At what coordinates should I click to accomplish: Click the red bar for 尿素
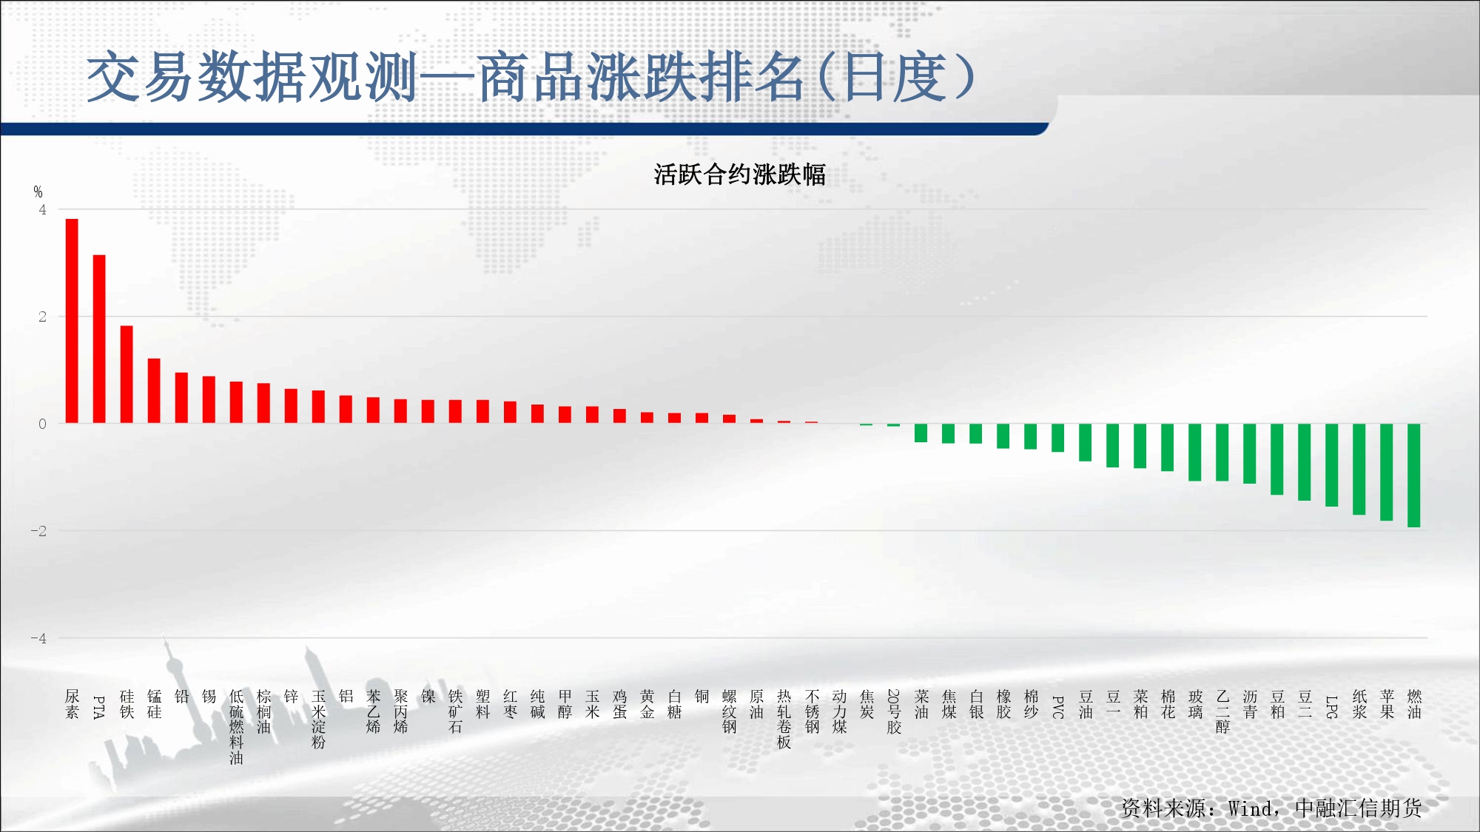coord(72,321)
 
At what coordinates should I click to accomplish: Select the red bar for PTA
coord(99,339)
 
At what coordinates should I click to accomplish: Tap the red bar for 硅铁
coord(127,374)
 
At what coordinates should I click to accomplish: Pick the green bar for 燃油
coord(1413,476)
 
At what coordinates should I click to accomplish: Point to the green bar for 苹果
coord(1386,472)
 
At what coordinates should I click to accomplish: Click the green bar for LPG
coord(1331,465)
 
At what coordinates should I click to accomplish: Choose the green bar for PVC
coord(1057,438)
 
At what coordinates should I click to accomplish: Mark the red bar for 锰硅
coord(154,390)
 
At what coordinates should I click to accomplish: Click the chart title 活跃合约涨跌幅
coord(739,175)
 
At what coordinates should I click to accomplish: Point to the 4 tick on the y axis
coord(42,209)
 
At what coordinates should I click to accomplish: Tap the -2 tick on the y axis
coord(38,531)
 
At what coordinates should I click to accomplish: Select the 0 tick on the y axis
coord(42,424)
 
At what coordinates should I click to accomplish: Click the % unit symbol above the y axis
coord(38,192)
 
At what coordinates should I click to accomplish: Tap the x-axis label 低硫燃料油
coord(236,727)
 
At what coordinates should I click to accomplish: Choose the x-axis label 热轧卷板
coord(784,720)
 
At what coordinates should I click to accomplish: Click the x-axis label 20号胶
coord(894,712)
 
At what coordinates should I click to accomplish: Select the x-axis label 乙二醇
coord(1222,712)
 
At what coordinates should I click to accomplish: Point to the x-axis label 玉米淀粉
coord(318,720)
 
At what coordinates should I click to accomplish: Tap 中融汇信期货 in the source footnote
coord(1359,808)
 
